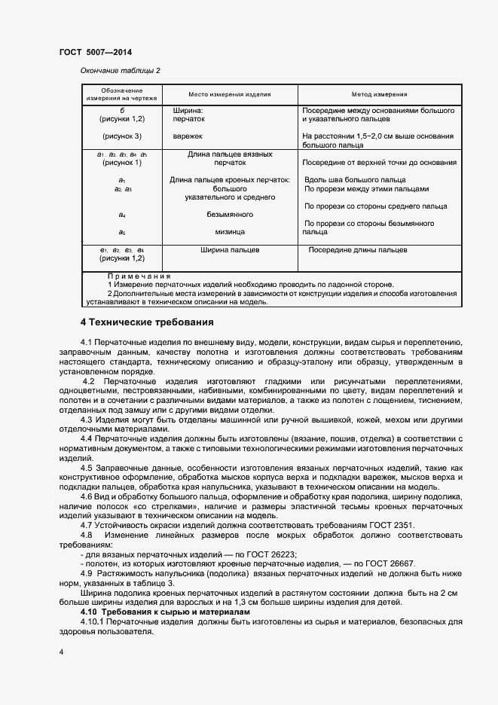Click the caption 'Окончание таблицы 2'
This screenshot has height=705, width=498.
coord(121,71)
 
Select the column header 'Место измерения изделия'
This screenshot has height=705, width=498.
coord(230,95)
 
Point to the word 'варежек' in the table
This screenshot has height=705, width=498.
coord(188,136)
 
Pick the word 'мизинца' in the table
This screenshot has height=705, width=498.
coord(229,233)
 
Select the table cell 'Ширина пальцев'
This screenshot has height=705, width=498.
coord(230,249)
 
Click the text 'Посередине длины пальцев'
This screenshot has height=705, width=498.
coord(357,249)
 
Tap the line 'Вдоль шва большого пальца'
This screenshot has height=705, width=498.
coord(354,180)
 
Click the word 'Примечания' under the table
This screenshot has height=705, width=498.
coord(139,276)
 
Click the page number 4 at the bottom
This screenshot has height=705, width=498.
coord(61,652)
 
